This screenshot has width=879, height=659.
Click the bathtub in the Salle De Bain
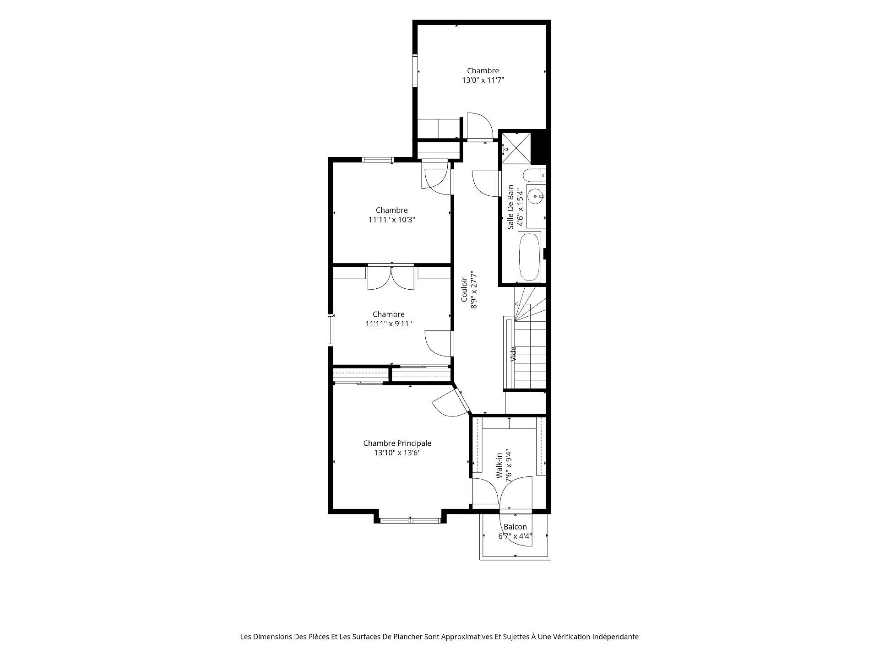(x=529, y=257)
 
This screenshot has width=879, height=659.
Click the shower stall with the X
(x=516, y=147)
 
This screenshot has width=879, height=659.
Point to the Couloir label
(x=464, y=289)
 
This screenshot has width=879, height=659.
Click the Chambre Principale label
(x=397, y=443)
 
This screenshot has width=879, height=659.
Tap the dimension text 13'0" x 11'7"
(x=483, y=80)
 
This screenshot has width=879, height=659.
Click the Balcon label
(x=515, y=527)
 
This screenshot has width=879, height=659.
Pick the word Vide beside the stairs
(x=514, y=354)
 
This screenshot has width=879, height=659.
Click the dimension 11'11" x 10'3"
(x=392, y=220)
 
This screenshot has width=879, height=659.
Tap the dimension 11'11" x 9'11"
(x=389, y=324)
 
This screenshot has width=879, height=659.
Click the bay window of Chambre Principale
(x=410, y=520)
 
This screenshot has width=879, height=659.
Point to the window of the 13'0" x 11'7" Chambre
(x=415, y=71)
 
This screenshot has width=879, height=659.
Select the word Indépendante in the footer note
(x=615, y=637)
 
